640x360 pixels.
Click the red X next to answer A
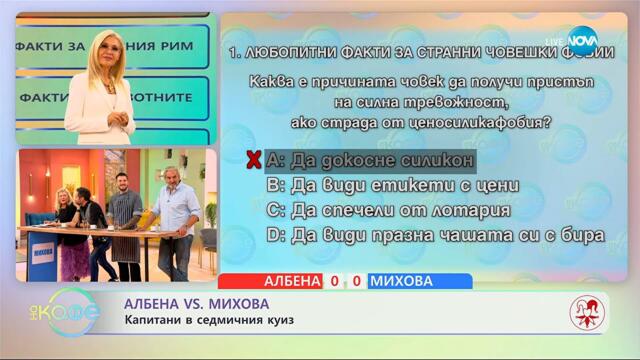tap(254, 160)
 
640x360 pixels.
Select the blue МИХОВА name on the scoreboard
tap(404, 281)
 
